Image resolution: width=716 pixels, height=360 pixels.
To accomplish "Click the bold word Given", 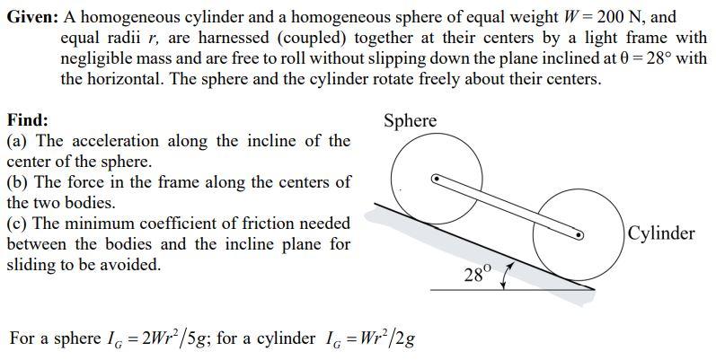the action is click(x=31, y=17).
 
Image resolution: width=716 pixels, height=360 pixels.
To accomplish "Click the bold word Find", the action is click(x=27, y=120).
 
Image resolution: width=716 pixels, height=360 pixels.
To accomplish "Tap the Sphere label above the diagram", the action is click(x=410, y=120).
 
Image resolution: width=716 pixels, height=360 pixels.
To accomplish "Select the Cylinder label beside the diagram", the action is click(x=661, y=233).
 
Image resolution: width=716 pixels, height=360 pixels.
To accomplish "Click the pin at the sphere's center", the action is click(x=436, y=178).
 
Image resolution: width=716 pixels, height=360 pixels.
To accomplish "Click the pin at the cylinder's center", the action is click(x=579, y=235).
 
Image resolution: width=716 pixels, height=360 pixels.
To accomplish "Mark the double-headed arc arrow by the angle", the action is click(x=508, y=275).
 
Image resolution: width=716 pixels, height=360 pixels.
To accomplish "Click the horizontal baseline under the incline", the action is click(x=512, y=289).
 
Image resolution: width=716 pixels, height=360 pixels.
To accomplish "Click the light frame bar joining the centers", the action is click(x=508, y=206).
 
